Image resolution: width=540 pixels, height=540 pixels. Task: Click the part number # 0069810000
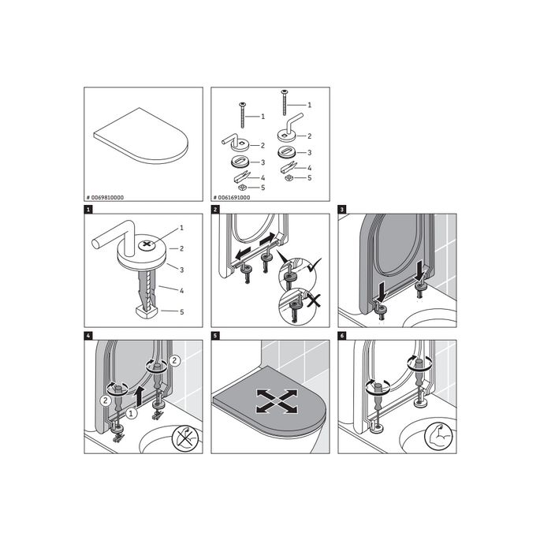tap(106, 197)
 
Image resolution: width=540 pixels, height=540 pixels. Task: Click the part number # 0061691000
tap(233, 197)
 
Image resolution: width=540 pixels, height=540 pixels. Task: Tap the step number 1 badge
tap(88, 210)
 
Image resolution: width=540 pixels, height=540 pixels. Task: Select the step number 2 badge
tap(215, 210)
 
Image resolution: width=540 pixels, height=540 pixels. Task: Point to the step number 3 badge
tap(342, 210)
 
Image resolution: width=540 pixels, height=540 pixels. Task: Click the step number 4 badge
tap(88, 336)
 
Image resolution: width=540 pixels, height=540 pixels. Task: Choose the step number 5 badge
tap(215, 336)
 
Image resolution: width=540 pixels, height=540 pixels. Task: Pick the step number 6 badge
tap(342, 336)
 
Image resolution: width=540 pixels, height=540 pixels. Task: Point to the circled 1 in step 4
tap(132, 412)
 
